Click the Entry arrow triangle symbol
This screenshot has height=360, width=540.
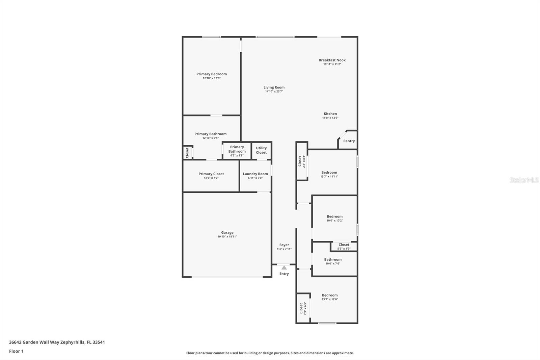(284, 267)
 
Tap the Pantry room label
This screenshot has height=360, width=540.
(349, 141)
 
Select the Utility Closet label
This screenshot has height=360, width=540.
(261, 150)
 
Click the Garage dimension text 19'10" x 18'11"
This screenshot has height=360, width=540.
(227, 236)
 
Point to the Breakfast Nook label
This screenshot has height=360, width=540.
(332, 60)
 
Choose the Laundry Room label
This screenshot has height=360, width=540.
(255, 174)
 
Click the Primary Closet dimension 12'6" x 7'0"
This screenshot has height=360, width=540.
(211, 178)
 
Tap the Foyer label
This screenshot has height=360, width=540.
(284, 245)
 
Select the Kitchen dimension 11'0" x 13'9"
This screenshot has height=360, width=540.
(330, 118)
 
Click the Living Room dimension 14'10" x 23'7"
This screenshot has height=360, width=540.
(274, 92)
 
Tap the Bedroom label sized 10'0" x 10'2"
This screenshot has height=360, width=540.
(334, 216)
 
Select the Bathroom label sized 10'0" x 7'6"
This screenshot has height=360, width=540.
(333, 259)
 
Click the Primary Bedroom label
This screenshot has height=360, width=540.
(211, 74)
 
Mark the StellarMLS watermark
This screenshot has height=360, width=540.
(524, 180)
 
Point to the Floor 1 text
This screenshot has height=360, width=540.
(16, 351)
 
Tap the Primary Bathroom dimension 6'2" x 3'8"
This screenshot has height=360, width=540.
(237, 155)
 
